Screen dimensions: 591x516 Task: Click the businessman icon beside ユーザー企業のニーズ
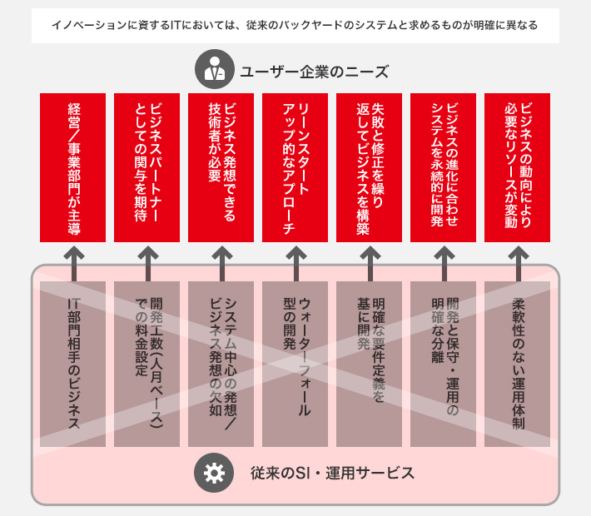click(x=215, y=69)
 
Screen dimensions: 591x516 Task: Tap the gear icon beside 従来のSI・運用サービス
click(x=214, y=473)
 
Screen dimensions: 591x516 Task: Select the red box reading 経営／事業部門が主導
click(x=72, y=167)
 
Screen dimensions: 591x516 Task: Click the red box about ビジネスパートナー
click(x=147, y=167)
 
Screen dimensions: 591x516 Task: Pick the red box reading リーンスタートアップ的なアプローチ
click(x=295, y=167)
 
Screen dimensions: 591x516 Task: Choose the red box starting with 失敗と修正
click(x=369, y=167)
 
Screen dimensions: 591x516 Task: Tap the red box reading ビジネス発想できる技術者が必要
click(x=221, y=167)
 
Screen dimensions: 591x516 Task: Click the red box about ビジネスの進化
click(x=443, y=167)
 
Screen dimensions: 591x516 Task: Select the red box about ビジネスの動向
click(x=517, y=167)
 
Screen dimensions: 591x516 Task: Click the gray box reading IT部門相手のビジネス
click(x=72, y=364)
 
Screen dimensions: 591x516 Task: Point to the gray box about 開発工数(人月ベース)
click(x=147, y=364)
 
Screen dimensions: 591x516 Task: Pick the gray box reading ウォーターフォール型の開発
click(x=295, y=364)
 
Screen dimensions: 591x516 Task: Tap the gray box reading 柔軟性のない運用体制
click(x=517, y=364)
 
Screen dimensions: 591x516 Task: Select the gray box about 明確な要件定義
click(x=369, y=364)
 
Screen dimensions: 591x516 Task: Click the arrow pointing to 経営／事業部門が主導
click(x=74, y=264)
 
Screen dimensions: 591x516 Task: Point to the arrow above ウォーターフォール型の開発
click(x=295, y=264)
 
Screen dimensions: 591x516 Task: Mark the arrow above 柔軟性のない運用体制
click(x=519, y=264)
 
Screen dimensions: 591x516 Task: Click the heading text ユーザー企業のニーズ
click(x=315, y=72)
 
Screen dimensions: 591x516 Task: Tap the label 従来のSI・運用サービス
click(x=332, y=473)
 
